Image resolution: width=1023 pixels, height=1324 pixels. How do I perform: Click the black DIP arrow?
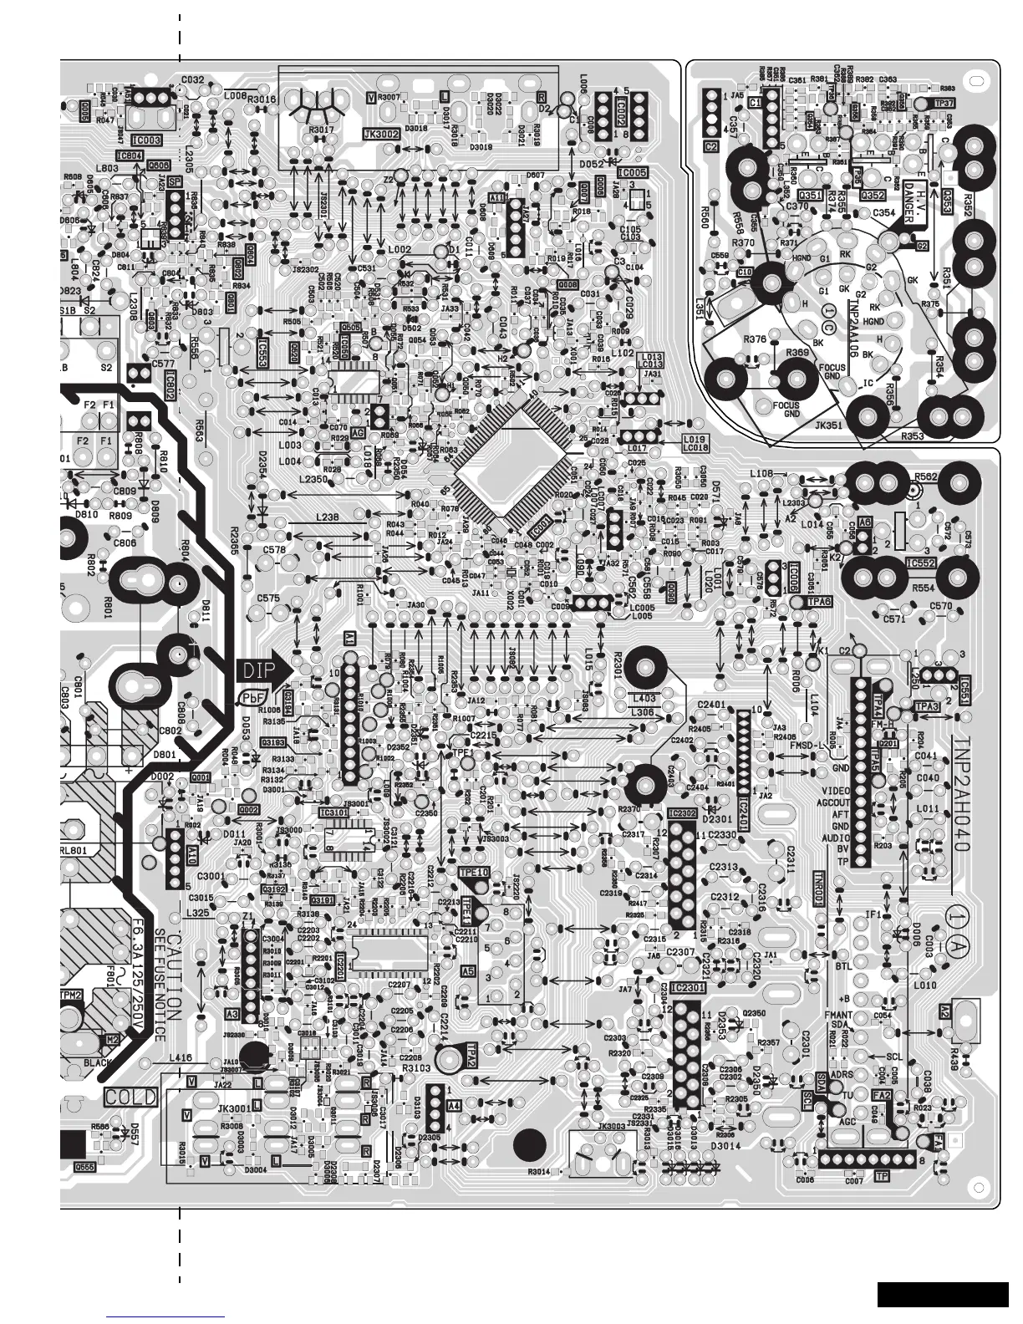(x=266, y=670)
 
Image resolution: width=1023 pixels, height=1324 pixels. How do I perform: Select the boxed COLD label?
(x=126, y=1095)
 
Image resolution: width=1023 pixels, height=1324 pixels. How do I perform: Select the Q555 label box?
(x=84, y=1167)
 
